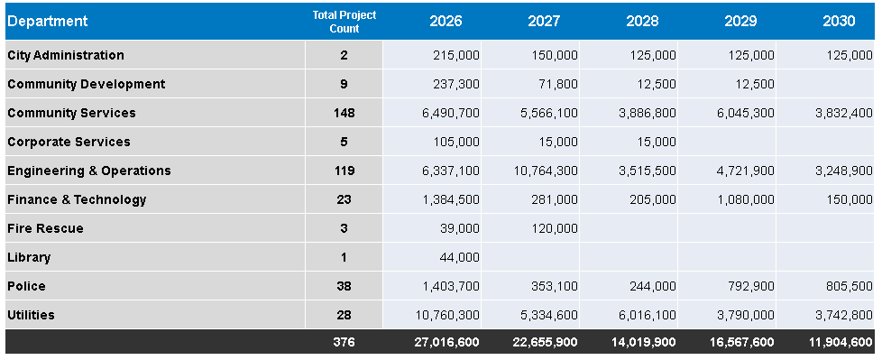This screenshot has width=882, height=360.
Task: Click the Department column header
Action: [x=48, y=22]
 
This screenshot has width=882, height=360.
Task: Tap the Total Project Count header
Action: [x=345, y=22]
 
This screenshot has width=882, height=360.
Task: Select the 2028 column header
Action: [x=642, y=22]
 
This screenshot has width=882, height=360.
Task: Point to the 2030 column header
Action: [x=839, y=22]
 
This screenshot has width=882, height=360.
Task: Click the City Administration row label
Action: [x=66, y=55]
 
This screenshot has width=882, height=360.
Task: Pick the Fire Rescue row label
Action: [x=46, y=228]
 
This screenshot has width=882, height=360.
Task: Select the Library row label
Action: [x=29, y=258]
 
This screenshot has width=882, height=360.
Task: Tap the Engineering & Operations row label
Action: [x=89, y=171]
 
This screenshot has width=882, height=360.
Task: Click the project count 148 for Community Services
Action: [x=345, y=113]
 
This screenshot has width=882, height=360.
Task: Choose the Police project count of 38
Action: [x=345, y=286]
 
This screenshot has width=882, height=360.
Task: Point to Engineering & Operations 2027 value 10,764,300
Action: [x=546, y=171]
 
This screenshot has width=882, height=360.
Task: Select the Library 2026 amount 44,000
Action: [x=460, y=258]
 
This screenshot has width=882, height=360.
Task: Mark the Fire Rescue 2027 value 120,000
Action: [x=555, y=228]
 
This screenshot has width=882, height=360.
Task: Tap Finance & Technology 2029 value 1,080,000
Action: [x=746, y=199]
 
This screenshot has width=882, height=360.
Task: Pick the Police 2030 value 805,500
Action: [x=850, y=286]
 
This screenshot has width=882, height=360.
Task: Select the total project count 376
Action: [x=345, y=342]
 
